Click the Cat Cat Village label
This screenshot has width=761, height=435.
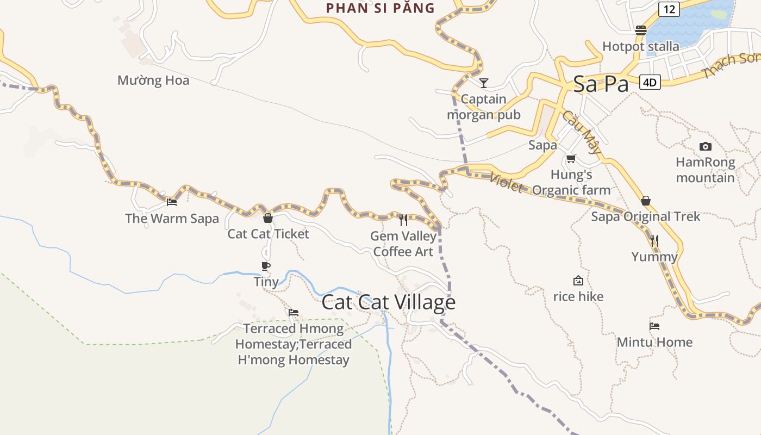[x=388, y=302]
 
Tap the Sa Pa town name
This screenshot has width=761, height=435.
[x=601, y=84]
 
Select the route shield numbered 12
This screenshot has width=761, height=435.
[x=669, y=9]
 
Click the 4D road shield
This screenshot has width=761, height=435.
[x=650, y=83]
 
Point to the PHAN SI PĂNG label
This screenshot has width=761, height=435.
[x=380, y=8]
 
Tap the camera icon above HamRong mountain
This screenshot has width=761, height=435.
[x=705, y=146]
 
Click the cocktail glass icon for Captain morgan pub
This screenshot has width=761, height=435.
[x=483, y=83]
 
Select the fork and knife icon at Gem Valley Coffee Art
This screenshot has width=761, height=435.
[x=403, y=220]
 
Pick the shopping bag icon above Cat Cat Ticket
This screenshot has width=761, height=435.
[x=267, y=218]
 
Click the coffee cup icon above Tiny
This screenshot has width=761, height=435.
[x=266, y=266]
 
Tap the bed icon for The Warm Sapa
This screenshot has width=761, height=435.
[x=172, y=202]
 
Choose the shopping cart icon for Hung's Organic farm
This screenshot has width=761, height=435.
[x=571, y=159]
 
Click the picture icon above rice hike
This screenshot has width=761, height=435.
[x=578, y=281]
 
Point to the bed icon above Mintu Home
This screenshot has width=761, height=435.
[x=654, y=326]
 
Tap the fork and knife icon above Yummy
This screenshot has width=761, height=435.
[x=654, y=240]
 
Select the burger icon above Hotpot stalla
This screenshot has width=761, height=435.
[x=640, y=30]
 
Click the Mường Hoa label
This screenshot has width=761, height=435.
[x=153, y=80]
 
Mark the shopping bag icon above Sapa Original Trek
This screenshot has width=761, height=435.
[x=646, y=201]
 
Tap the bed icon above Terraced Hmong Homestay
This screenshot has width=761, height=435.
[x=294, y=313]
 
